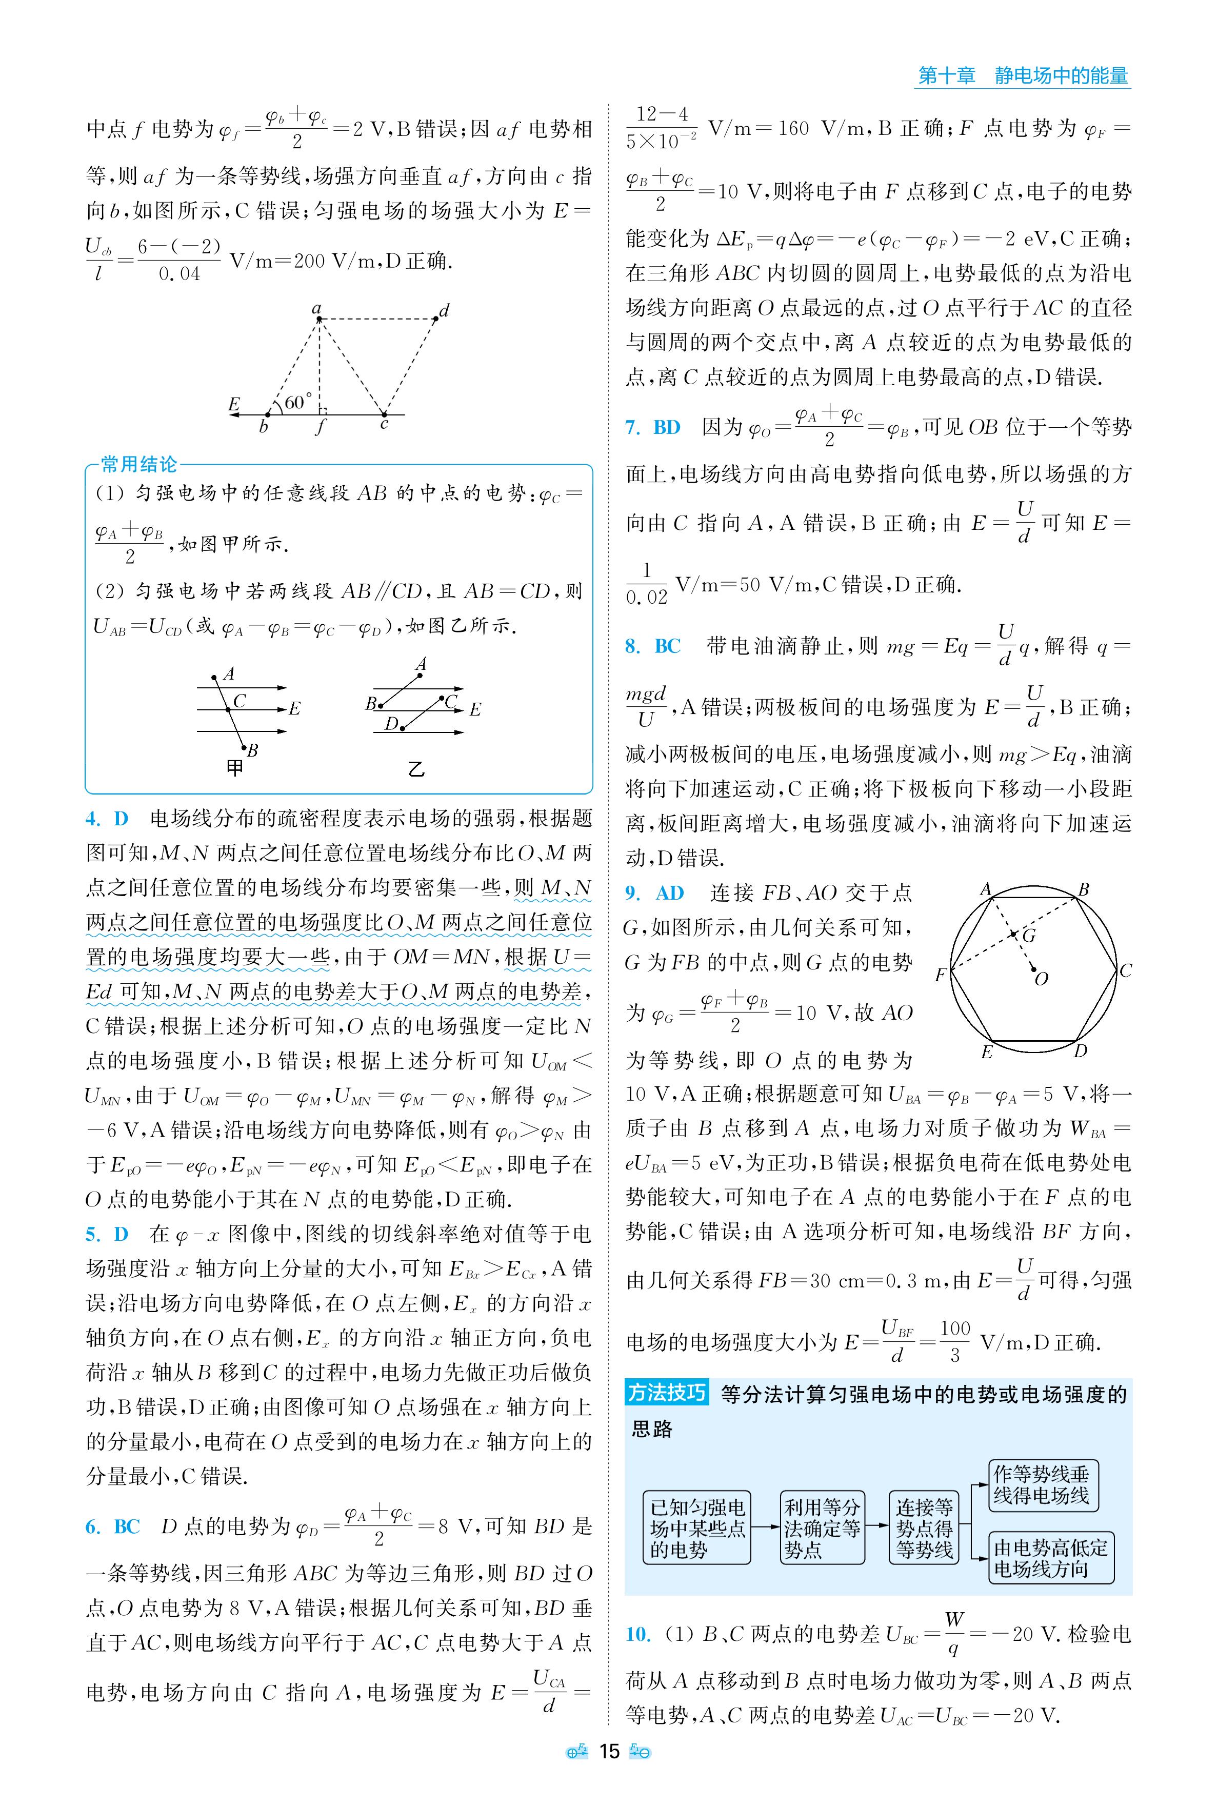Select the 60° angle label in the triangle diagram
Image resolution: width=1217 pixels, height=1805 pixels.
tap(298, 402)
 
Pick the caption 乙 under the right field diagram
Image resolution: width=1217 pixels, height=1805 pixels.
tap(416, 769)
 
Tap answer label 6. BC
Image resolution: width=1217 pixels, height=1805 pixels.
tap(112, 1526)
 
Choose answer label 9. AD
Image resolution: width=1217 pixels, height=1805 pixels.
tap(654, 893)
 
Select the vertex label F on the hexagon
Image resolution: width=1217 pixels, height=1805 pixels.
tap(940, 975)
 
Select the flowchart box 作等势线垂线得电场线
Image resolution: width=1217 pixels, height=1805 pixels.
tap(1042, 1485)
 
